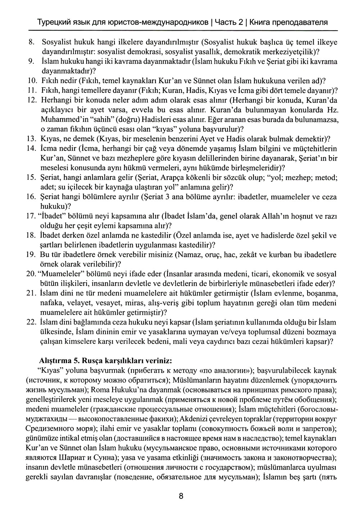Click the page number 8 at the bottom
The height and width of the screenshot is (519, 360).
tap(181, 496)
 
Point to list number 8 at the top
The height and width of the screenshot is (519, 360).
tap(31, 42)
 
